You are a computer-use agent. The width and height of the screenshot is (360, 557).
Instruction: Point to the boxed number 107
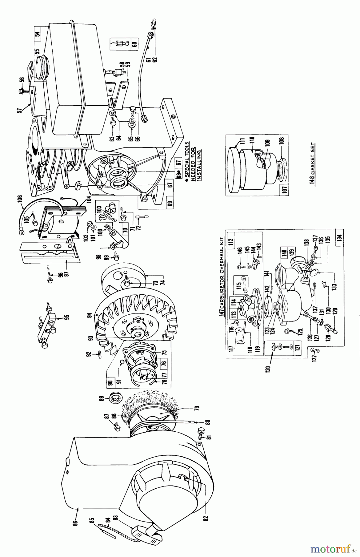coord(285,188)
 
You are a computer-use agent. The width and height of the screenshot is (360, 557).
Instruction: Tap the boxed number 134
coord(340,238)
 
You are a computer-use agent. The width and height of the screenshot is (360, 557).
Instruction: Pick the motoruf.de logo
coord(333,549)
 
